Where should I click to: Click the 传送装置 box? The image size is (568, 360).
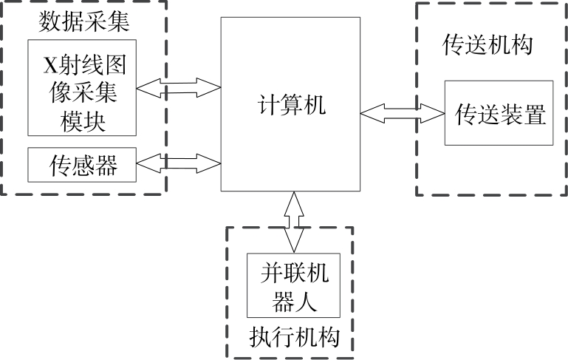pyautogui.click(x=499, y=113)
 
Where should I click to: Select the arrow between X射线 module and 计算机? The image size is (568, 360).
pyautogui.click(x=179, y=88)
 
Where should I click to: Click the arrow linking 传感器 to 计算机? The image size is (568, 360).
pyautogui.click(x=179, y=161)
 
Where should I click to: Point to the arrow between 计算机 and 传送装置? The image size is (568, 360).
pyautogui.click(x=402, y=113)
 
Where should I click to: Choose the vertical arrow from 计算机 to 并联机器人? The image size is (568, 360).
pyautogui.click(x=294, y=222)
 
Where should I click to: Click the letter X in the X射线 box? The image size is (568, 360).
pyautogui.click(x=50, y=66)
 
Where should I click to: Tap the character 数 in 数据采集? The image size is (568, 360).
pyautogui.click(x=49, y=21)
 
